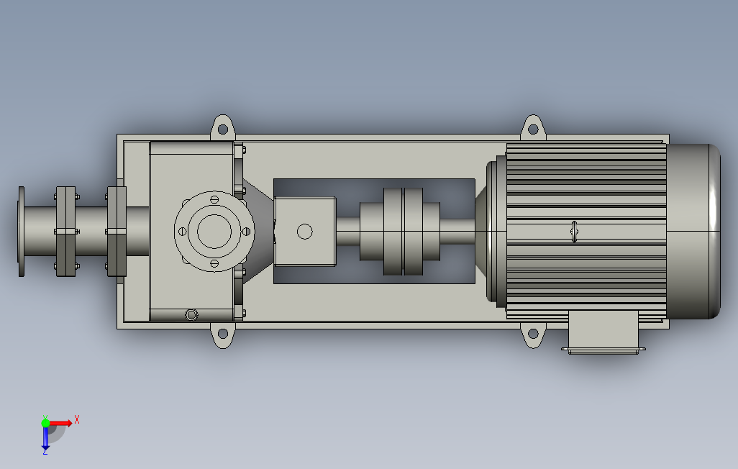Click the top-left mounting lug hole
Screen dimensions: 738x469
(223, 129)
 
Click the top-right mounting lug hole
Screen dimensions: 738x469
(533, 129)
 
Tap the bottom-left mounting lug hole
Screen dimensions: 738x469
(223, 334)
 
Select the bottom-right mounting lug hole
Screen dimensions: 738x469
(533, 334)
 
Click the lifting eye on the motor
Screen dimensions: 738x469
(574, 231)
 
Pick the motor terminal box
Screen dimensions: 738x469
(603, 332)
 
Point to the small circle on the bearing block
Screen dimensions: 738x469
(305, 231)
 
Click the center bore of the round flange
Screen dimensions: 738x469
(214, 231)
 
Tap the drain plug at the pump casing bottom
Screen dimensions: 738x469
(191, 314)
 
